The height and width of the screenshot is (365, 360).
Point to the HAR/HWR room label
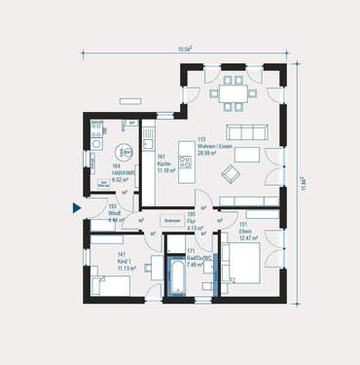coord(121,174)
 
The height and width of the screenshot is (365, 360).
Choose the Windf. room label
coord(114,216)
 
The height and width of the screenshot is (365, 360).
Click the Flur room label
coord(195,225)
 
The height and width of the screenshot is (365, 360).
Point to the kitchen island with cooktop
coord(181,157)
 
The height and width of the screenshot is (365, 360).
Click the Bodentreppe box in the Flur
coord(173,221)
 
